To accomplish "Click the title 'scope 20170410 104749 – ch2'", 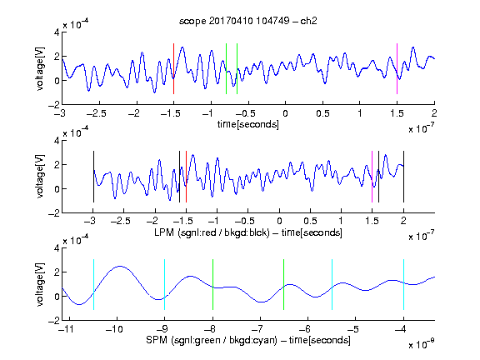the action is click(248, 21).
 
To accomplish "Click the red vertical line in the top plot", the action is click(173, 68).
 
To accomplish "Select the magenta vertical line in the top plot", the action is click(397, 68).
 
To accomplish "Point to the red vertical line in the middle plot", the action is click(186, 177).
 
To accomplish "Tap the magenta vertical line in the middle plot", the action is click(372, 177).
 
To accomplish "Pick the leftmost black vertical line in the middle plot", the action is click(93, 177).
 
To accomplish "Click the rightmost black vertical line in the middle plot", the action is click(403, 177).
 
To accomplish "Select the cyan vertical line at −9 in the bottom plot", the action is click(164, 284).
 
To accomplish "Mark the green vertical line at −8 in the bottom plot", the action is click(212, 284).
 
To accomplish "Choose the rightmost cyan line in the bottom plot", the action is click(403, 284).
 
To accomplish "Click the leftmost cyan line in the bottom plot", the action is click(93, 284).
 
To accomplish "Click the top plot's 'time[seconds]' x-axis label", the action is click(248, 124).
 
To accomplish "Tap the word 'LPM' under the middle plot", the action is click(164, 232).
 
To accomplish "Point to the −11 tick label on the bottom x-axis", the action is click(66, 329).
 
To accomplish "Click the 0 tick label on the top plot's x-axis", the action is click(285, 113).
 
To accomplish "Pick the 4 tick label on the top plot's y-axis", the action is click(57, 32).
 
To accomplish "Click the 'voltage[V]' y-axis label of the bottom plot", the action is click(40, 284).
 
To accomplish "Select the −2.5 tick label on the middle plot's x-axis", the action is click(121, 221).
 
